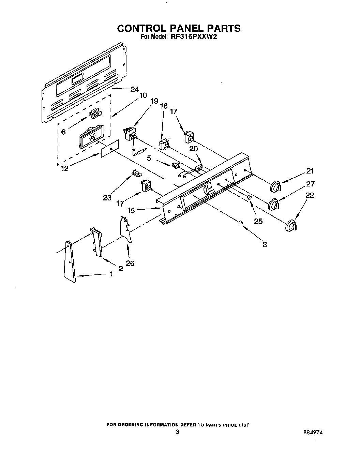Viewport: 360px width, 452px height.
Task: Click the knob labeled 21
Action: coord(275,187)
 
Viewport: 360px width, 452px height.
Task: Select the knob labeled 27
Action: coord(274,205)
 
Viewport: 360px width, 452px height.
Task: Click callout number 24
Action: coord(134,90)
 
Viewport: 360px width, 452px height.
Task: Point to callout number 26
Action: coord(130,263)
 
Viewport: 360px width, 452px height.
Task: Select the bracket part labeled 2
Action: coord(96,242)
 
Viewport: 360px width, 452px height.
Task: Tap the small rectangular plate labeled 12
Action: coord(109,149)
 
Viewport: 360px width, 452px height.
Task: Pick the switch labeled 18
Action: coord(164,144)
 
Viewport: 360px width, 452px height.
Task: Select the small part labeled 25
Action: coord(249,198)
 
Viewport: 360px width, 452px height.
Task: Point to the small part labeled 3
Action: coord(241,222)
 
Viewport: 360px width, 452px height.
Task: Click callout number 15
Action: coord(131,211)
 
